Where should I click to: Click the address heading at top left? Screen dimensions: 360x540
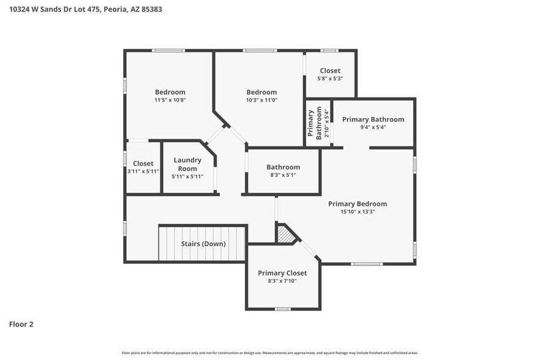pyautogui.click(x=86, y=10)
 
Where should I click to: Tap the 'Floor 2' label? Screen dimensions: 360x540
pyautogui.click(x=21, y=324)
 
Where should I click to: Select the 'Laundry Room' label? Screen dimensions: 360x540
pyautogui.click(x=187, y=164)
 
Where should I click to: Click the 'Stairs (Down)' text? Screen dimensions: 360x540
pyautogui.click(x=203, y=244)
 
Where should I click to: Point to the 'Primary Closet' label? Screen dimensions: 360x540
pyautogui.click(x=282, y=273)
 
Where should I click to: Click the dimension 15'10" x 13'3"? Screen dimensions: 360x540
pyautogui.click(x=358, y=212)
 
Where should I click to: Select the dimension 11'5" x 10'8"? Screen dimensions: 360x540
pyautogui.click(x=170, y=100)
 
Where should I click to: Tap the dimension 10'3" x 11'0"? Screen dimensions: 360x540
pyautogui.click(x=261, y=100)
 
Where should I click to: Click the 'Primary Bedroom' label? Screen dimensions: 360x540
pyautogui.click(x=358, y=204)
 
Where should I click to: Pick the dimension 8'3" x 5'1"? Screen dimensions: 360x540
pyautogui.click(x=283, y=175)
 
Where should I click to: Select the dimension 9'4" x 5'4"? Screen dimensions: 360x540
pyautogui.click(x=373, y=127)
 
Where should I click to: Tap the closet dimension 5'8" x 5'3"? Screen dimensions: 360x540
pyautogui.click(x=330, y=78)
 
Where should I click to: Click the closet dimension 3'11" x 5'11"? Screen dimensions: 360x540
pyautogui.click(x=143, y=171)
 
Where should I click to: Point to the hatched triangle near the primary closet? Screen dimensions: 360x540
pyautogui.click(x=284, y=234)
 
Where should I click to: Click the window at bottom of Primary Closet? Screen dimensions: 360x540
pyautogui.click(x=282, y=309)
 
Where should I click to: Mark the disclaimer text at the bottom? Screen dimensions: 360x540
pyautogui.click(x=269, y=353)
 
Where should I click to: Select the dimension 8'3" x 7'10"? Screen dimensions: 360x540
pyautogui.click(x=282, y=281)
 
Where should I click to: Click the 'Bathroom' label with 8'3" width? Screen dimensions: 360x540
pyautogui.click(x=283, y=167)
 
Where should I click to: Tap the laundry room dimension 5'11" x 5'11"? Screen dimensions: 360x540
pyautogui.click(x=187, y=176)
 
